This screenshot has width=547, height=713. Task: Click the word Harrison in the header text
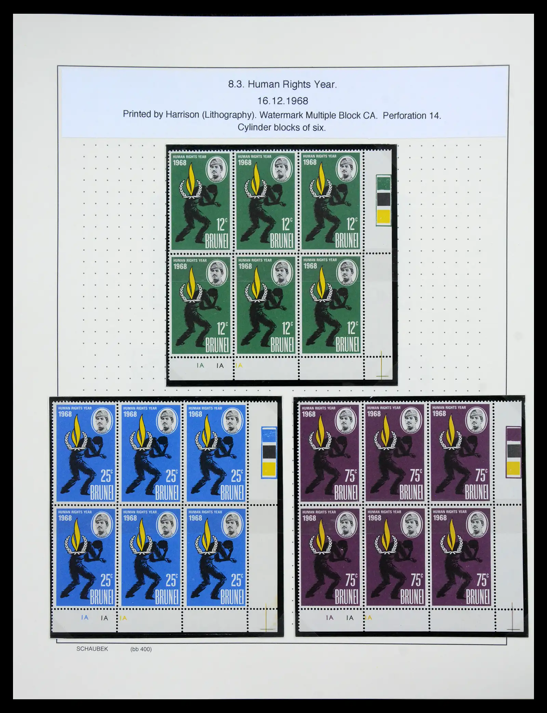point(183,114)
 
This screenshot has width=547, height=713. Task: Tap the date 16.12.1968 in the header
point(283,101)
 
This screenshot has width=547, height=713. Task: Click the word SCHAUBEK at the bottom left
point(92,649)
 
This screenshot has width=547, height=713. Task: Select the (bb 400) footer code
point(141,649)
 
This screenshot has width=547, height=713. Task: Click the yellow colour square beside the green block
point(383,216)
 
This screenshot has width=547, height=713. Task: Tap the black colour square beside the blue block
point(269,451)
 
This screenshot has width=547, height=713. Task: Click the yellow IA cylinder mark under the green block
point(239,365)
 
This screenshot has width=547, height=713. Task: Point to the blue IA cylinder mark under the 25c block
point(85,618)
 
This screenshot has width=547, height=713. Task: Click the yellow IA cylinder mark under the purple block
point(369,618)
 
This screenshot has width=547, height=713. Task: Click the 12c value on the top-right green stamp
point(352,224)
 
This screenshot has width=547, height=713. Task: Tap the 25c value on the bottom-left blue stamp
point(106,581)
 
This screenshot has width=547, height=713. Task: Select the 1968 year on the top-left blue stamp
point(65,414)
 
